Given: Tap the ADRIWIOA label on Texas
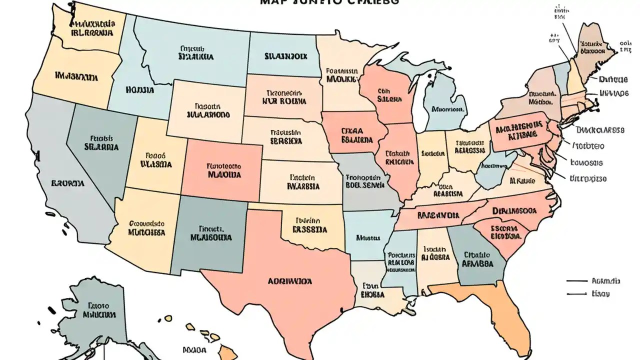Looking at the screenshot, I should [290, 281].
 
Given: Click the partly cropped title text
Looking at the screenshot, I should [330, 2].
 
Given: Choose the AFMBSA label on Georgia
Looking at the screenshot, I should [477, 263].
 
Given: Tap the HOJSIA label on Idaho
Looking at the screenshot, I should [140, 90].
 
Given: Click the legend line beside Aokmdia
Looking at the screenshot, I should [576, 281].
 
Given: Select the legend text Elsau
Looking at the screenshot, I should [600, 294].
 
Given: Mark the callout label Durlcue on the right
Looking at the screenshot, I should [613, 79].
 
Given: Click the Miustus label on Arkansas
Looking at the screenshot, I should [368, 238].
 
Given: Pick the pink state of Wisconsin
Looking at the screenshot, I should [387, 95].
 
